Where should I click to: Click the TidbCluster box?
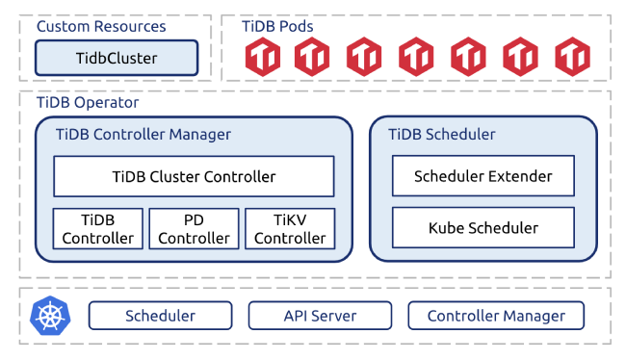[117, 59]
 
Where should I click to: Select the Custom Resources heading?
[101, 27]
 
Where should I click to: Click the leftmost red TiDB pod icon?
[262, 58]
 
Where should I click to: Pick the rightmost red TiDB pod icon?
[573, 58]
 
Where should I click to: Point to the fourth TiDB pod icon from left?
[418, 58]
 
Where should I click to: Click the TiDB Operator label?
[88, 102]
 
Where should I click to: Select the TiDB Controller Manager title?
[143, 134]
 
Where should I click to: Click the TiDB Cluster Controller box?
[194, 176]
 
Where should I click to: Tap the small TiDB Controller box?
[97, 228]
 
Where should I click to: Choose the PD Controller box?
[194, 228]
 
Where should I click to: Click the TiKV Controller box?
[290, 228]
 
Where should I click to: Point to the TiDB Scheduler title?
[441, 134]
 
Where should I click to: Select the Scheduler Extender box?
[483, 176]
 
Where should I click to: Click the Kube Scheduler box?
[483, 228]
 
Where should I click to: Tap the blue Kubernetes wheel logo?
[50, 315]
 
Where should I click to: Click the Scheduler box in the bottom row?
[160, 316]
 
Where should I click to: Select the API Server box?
[320, 316]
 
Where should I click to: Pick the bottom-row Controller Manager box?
[495, 316]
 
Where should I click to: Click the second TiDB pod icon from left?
[314, 58]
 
